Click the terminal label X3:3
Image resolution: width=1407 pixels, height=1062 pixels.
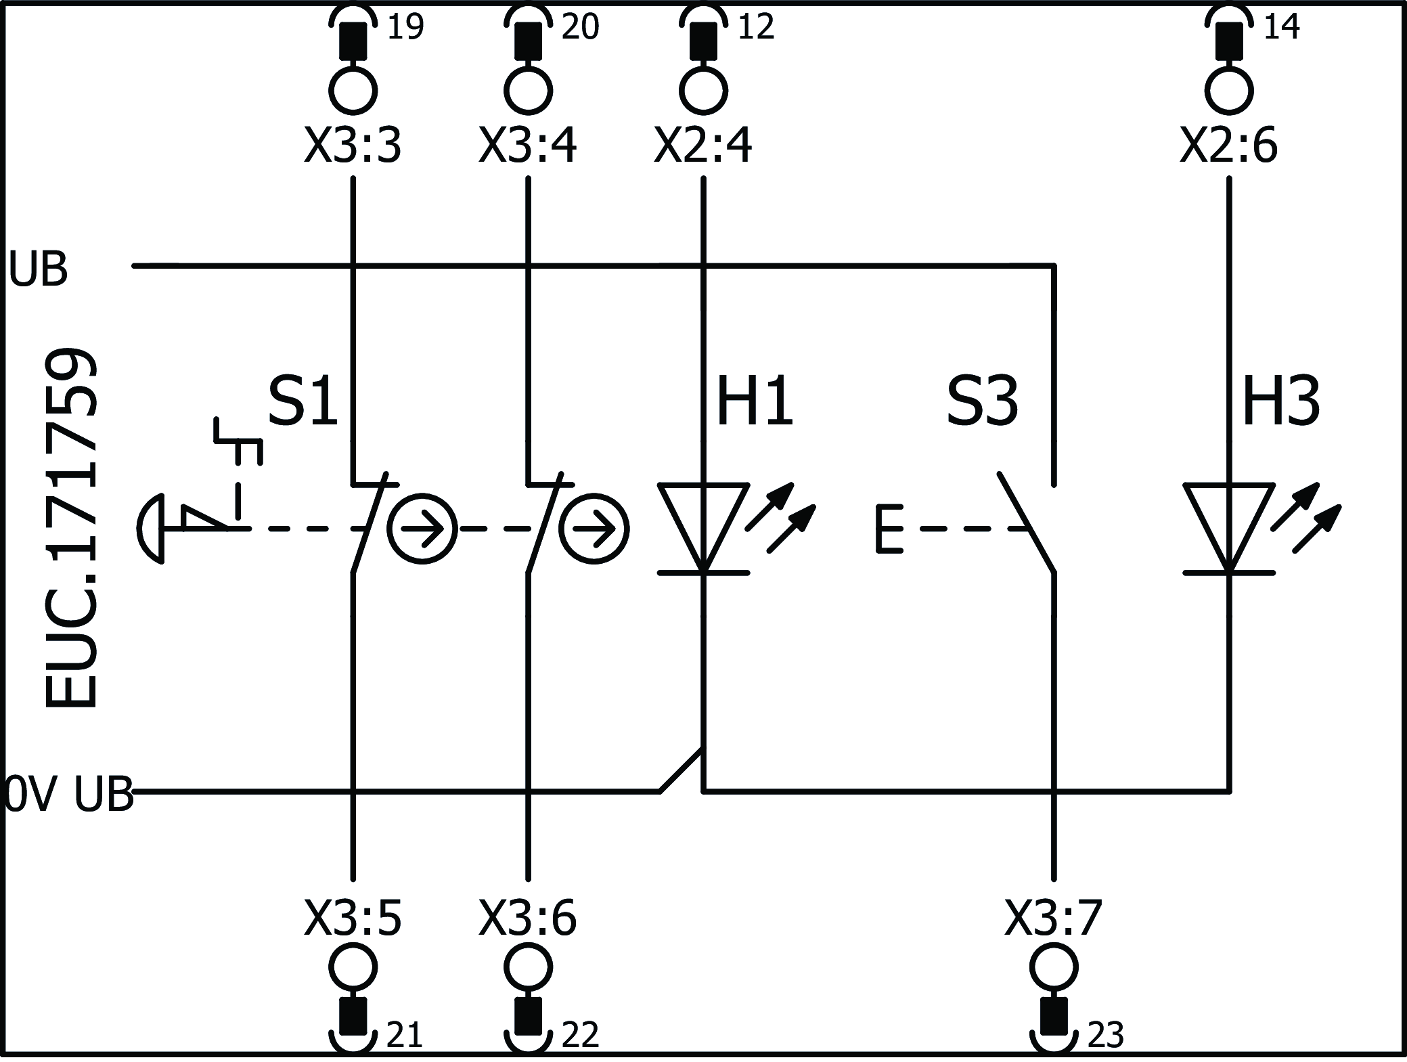tap(353, 146)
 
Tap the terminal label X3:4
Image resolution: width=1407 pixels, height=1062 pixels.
tap(527, 146)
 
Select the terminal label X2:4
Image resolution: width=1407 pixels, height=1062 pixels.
tap(702, 146)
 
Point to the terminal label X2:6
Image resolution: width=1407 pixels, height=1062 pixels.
tap(1228, 146)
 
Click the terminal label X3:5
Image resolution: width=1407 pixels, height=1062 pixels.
tap(353, 919)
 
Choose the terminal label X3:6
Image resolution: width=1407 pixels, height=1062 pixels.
tap(527, 919)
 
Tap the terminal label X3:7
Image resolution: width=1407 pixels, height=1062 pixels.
tap(1054, 919)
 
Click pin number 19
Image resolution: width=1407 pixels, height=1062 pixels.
tap(405, 27)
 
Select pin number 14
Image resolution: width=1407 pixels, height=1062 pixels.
tap(1281, 27)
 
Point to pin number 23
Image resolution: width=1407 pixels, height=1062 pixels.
tap(1105, 1035)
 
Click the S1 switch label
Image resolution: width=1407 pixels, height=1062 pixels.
tap(303, 402)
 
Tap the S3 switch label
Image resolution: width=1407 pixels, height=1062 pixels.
tap(982, 402)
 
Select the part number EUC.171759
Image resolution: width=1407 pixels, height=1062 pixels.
tap(72, 529)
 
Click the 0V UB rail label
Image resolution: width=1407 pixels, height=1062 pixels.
tap(68, 793)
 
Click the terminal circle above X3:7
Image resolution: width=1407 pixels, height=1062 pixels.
tap(1054, 967)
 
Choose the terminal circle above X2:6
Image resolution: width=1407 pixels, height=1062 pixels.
tap(1229, 90)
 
